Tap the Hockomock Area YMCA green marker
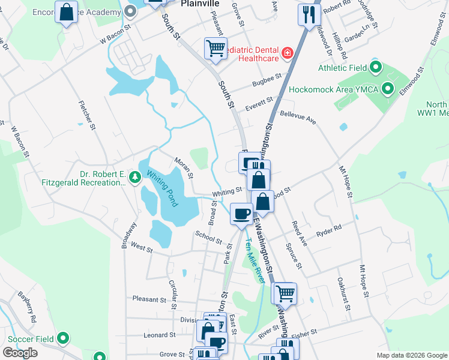tap(387, 89)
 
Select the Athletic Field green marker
tap(376, 67)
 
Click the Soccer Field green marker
tap(63, 339)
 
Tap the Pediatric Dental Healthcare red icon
tap(288, 53)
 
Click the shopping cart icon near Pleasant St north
tap(215, 48)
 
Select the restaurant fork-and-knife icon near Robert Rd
tap(309, 14)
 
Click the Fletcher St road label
tap(88, 114)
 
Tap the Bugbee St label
tap(267, 79)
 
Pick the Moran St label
tap(182, 167)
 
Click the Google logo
tap(20, 352)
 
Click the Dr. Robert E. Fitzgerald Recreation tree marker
tap(135, 176)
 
